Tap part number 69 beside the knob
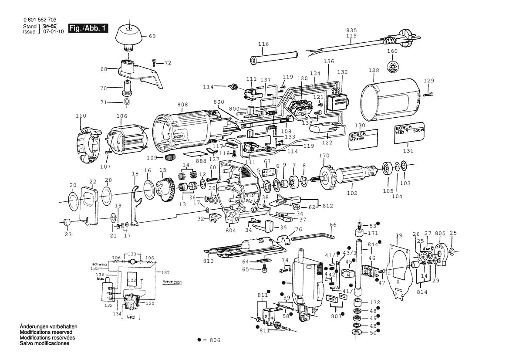pyautogui.click(x=152, y=36)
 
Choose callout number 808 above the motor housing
pyautogui.click(x=182, y=105)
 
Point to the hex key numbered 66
pyautogui.click(x=313, y=238)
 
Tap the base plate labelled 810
pyautogui.click(x=244, y=251)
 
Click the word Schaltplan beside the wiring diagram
pyautogui.click(x=172, y=282)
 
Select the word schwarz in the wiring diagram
pyautogui.click(x=100, y=265)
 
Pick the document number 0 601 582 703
pyautogui.click(x=39, y=20)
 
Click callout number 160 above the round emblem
pyautogui.click(x=393, y=51)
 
